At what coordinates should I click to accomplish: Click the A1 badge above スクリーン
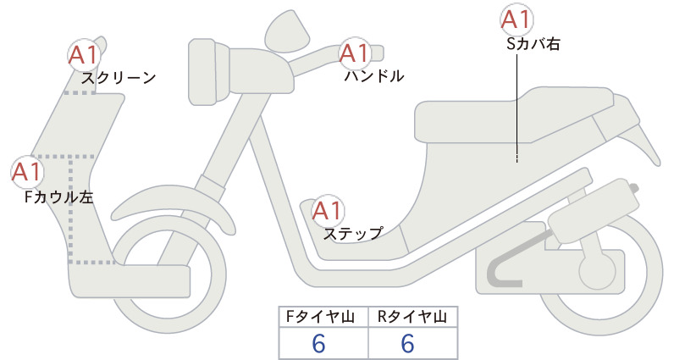84,55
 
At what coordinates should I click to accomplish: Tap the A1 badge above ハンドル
355,53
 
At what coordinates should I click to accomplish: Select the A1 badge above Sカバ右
516,20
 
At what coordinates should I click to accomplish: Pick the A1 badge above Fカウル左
27,172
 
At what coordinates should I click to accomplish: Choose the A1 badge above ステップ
328,210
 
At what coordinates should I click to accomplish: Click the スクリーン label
119,78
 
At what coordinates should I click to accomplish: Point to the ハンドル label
374,76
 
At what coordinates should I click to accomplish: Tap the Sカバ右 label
533,44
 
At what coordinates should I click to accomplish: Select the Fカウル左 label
59,197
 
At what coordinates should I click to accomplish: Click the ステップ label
353,234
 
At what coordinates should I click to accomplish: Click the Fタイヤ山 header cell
323,317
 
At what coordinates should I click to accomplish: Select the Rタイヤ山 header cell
413,317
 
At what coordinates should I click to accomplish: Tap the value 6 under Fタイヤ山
318,344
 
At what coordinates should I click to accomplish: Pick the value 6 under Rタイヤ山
407,344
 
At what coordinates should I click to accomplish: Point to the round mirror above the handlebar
287,31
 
